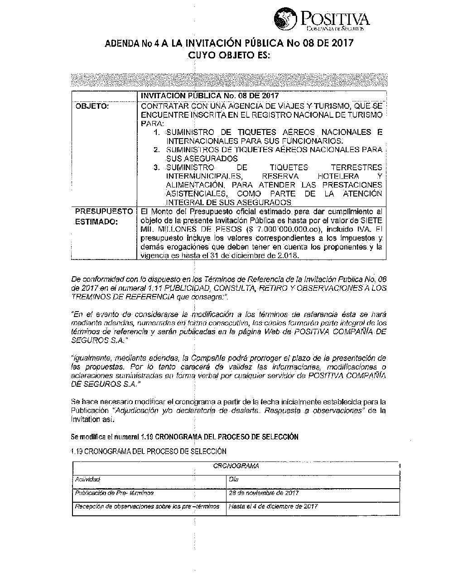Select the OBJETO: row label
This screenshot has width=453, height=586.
tap(92, 106)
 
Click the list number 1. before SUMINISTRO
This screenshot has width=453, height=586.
tap(157, 133)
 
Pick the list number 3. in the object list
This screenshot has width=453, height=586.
tap(157, 168)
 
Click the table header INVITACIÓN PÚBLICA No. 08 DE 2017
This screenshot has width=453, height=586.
tap(209, 96)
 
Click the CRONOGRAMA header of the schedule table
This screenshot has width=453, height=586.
tap(236, 466)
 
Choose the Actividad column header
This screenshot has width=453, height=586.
tap(87, 479)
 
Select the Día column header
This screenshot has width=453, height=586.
tap(234, 479)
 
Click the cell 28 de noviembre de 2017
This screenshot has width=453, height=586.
tap(264, 493)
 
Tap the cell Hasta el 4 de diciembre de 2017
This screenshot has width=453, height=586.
tap(273, 506)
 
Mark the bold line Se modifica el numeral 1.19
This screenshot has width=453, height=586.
tap(184, 437)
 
